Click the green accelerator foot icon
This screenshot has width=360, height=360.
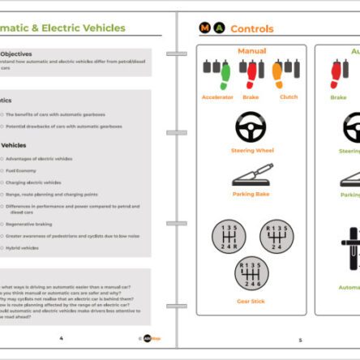coord(223,75)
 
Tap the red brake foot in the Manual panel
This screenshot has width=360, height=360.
coord(252,75)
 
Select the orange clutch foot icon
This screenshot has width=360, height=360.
coord(277,75)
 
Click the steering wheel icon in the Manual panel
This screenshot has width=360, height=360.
coord(252,126)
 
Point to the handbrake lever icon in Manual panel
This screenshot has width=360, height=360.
coord(252,174)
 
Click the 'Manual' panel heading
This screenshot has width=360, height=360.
coord(252,51)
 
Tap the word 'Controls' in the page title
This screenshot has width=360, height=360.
coord(252,28)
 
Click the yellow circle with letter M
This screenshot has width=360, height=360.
coord(204,28)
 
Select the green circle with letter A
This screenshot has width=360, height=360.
coord(219,28)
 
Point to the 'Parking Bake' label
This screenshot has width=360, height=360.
coord(252,194)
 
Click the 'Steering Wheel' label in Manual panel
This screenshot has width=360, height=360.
coord(252,150)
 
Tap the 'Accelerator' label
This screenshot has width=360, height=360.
coord(217,97)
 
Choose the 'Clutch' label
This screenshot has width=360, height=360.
coord(289,97)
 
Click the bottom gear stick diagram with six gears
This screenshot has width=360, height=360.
coord(252,274)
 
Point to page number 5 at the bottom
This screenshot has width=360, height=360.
coord(299,340)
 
